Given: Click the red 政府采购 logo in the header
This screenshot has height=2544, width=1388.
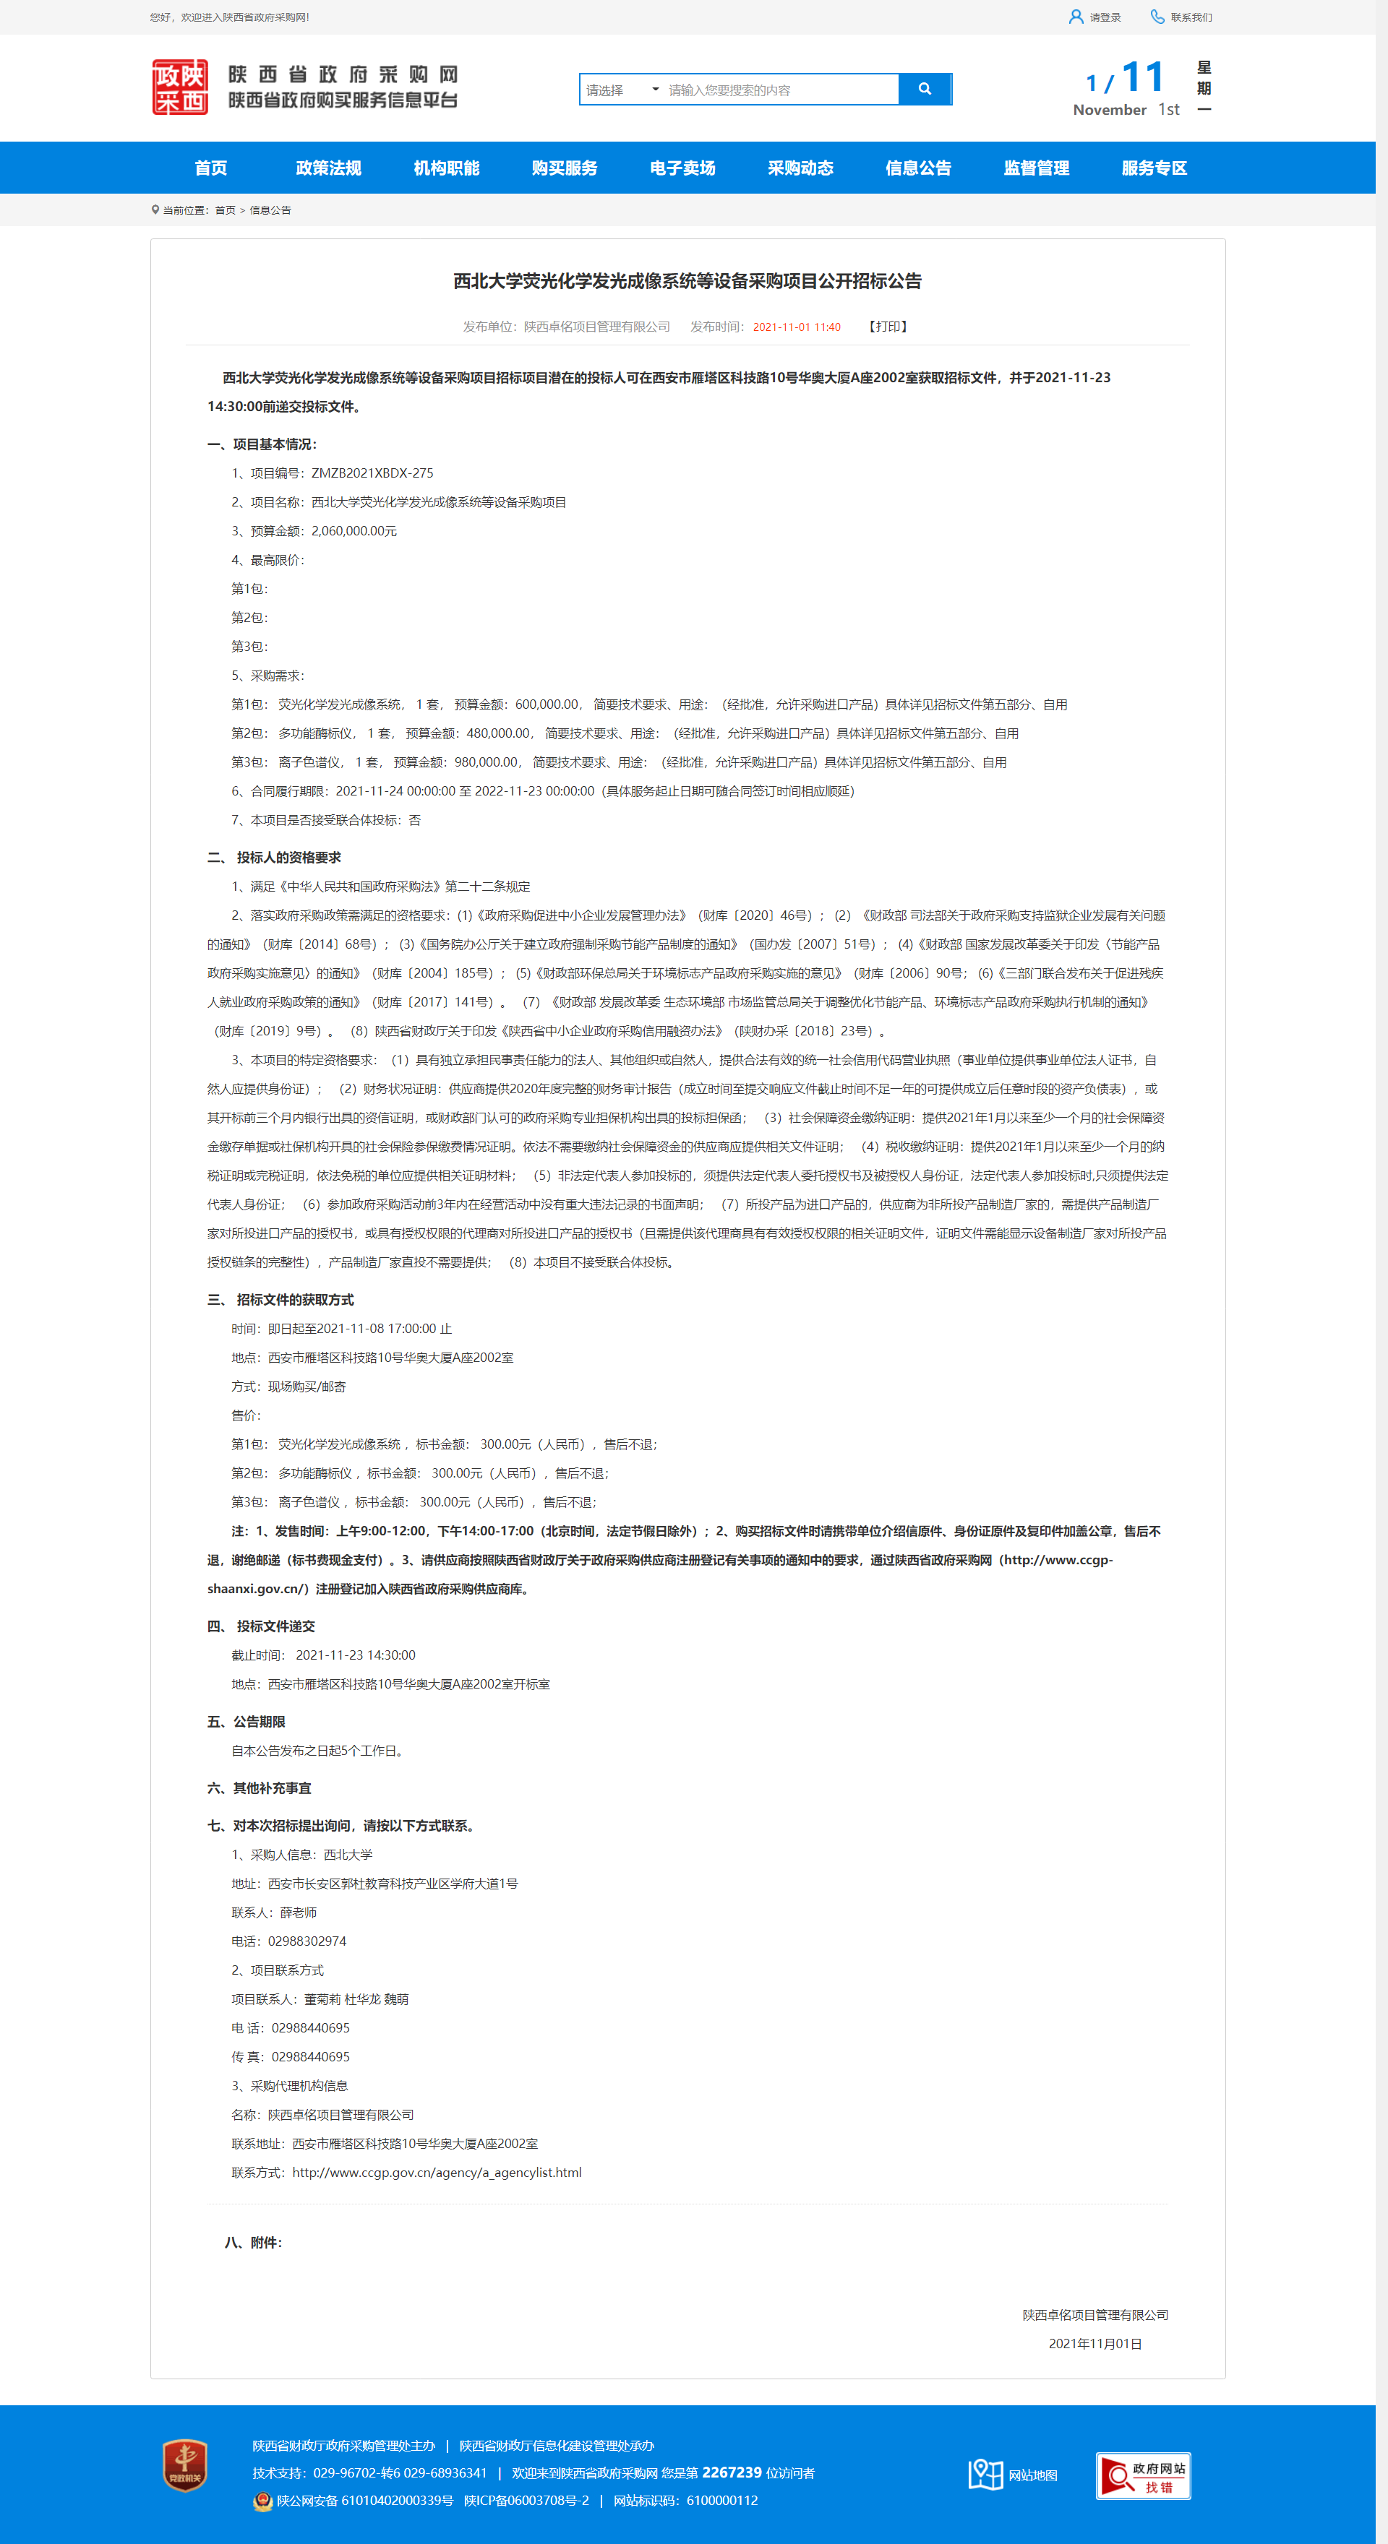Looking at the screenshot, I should click(x=180, y=87).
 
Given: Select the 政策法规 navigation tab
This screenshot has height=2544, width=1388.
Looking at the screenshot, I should click(x=328, y=168).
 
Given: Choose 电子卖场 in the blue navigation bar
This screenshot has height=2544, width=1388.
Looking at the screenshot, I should click(x=682, y=168).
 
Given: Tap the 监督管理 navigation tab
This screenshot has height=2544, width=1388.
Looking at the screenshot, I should click(x=1035, y=168).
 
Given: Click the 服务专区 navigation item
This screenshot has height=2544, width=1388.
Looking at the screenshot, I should click(x=1153, y=168).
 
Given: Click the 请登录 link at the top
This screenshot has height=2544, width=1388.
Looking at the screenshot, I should click(x=1103, y=17).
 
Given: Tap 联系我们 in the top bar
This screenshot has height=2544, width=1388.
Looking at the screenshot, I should click(x=1189, y=17).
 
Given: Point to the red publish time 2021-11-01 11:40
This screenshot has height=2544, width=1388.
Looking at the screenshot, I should click(x=796, y=327).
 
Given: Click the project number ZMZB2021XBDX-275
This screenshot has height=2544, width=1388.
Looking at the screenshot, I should click(x=372, y=473).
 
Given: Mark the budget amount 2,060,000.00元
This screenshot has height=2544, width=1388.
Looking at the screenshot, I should click(x=354, y=531).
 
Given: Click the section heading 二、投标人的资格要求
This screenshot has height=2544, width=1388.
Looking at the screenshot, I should click(x=275, y=857).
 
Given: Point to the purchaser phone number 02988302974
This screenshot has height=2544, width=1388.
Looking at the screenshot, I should click(x=307, y=1941).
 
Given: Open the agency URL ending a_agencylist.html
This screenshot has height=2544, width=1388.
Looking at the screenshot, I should click(x=437, y=2172).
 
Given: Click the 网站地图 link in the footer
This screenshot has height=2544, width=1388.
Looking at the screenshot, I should click(x=1032, y=2474).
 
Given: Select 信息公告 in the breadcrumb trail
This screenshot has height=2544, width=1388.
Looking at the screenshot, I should click(x=270, y=210).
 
